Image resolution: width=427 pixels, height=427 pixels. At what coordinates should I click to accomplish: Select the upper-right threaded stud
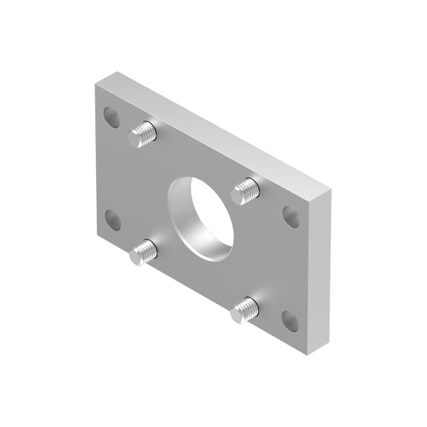pyautogui.click(x=246, y=191)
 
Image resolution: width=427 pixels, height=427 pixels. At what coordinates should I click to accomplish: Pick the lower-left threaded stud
pyautogui.click(x=143, y=251)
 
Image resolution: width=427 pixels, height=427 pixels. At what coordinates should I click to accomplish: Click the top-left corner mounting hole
pyautogui.click(x=112, y=116)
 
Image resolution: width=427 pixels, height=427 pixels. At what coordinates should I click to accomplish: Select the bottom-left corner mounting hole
pyautogui.click(x=112, y=221)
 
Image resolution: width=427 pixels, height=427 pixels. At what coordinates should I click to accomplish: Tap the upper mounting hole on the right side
pyautogui.click(x=291, y=216)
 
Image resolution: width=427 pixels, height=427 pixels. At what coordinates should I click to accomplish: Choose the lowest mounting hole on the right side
pyautogui.click(x=290, y=320)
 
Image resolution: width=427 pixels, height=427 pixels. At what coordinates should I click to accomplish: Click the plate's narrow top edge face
pyautogui.click(x=213, y=128)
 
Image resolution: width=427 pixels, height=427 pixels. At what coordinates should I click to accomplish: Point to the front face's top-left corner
pyautogui.click(x=94, y=84)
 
